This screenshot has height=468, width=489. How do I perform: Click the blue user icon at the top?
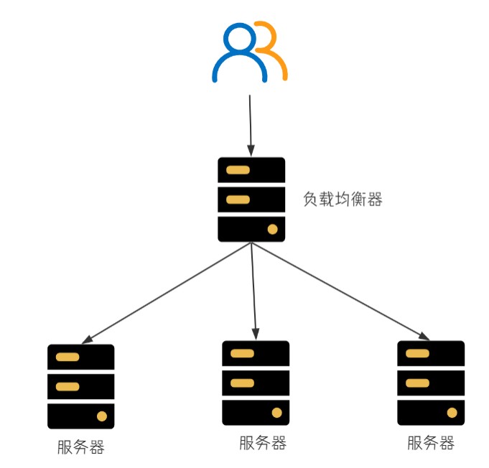pyautogui.click(x=239, y=54)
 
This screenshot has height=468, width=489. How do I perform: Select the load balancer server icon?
pyautogui.click(x=251, y=200)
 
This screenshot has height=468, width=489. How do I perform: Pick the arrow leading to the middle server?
pyautogui.click(x=254, y=291)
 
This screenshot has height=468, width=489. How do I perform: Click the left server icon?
pyautogui.click(x=81, y=386)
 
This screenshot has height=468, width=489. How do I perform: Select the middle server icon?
pyautogui.click(x=256, y=383)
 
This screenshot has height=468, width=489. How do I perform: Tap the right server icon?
pyautogui.click(x=431, y=383)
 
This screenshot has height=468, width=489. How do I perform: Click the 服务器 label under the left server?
pyautogui.click(x=81, y=447)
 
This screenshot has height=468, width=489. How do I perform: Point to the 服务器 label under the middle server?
pyautogui.click(x=263, y=443)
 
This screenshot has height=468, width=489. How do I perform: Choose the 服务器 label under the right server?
pyautogui.click(x=431, y=443)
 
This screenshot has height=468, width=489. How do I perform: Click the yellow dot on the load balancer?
pyautogui.click(x=272, y=229)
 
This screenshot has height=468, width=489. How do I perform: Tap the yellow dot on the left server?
pyautogui.click(x=102, y=416)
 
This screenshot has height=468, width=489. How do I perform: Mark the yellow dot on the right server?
pyautogui.click(x=452, y=412)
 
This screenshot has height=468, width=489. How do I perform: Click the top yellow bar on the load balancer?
pyautogui.click(x=238, y=170)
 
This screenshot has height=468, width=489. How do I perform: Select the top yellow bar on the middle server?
pyautogui.click(x=243, y=353)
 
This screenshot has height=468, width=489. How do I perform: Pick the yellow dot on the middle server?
pyautogui.click(x=276, y=412)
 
